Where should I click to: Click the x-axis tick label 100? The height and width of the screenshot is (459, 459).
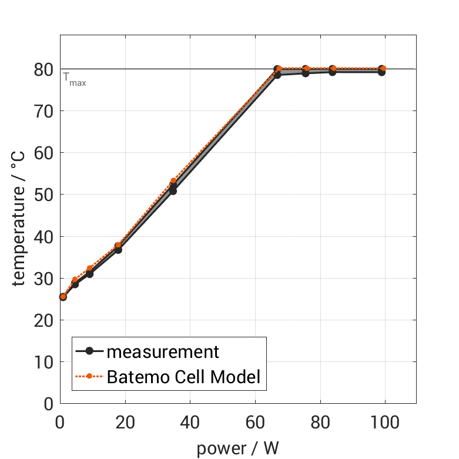(x=385, y=422)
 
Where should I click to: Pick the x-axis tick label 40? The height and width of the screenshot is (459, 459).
(x=190, y=422)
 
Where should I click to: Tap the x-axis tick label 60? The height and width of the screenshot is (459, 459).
(x=255, y=422)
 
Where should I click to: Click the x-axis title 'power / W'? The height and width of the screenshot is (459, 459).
(x=237, y=448)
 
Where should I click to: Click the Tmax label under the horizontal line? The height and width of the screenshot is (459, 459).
(x=75, y=80)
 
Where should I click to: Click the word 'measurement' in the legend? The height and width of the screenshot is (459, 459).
(x=163, y=351)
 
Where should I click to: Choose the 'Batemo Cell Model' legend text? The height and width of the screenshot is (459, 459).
(x=183, y=376)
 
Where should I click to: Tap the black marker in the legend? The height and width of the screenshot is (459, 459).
(x=89, y=351)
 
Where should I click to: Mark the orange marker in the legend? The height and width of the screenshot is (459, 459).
(x=89, y=376)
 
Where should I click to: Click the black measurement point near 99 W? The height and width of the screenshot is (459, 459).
(x=381, y=72)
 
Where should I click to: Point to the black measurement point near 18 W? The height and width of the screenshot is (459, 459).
(x=118, y=250)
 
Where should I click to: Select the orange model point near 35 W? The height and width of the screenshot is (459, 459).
(x=173, y=181)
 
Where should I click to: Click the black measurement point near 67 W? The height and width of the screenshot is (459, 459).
(x=277, y=75)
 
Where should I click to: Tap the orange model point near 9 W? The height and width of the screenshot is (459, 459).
(x=89, y=269)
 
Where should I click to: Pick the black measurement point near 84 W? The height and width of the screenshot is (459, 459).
(x=332, y=72)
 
